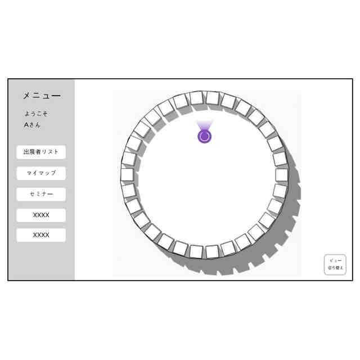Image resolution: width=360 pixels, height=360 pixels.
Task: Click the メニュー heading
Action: pyautogui.click(x=42, y=96)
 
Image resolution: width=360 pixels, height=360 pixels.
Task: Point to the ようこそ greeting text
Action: pyautogui.click(x=36, y=114)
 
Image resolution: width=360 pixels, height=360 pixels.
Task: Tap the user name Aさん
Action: pyautogui.click(x=32, y=125)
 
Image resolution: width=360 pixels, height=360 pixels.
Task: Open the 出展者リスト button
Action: pyautogui.click(x=41, y=152)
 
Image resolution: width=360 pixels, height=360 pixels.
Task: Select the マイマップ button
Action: pyautogui.click(x=41, y=173)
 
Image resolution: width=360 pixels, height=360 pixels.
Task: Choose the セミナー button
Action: pyautogui.click(x=41, y=194)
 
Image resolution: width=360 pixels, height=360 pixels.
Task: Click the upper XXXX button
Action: pyautogui.click(x=41, y=215)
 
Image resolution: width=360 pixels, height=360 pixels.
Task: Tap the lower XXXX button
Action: pyautogui.click(x=41, y=235)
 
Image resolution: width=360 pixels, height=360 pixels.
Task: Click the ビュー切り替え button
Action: pyautogui.click(x=335, y=264)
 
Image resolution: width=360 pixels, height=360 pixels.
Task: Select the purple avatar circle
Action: pyautogui.click(x=204, y=137)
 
